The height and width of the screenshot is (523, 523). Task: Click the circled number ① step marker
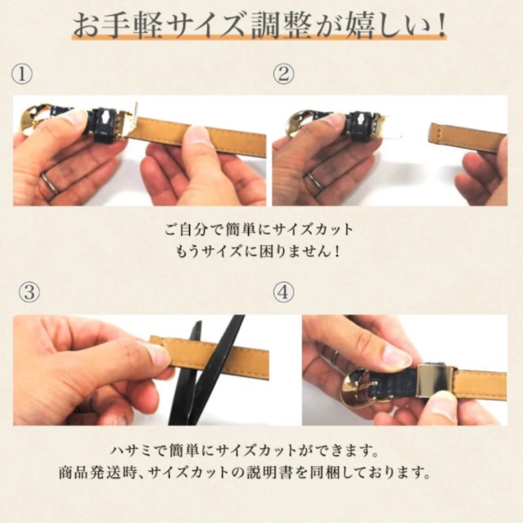click(x=22, y=75)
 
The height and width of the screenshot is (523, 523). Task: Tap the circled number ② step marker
click(x=284, y=74)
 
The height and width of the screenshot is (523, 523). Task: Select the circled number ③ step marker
click(x=29, y=292)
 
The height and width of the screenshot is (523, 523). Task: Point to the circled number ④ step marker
click(x=284, y=292)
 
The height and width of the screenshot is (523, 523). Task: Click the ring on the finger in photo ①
click(x=50, y=182)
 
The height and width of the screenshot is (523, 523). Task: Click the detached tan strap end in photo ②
click(x=467, y=137)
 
